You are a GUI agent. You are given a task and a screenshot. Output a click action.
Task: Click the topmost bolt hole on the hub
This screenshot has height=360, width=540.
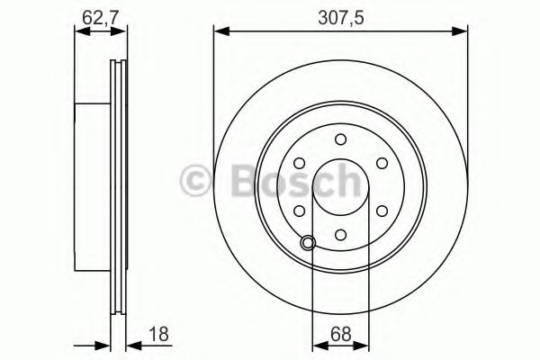click(340, 139)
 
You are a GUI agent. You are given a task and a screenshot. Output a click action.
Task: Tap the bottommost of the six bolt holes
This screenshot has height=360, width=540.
click(340, 233)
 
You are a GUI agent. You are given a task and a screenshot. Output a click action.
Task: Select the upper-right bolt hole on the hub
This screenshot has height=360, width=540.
click(382, 163)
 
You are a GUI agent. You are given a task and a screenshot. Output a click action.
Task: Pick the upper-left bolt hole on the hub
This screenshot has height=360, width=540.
click(299, 163)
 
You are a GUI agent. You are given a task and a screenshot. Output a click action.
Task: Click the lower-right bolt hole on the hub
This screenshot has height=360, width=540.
click(382, 210)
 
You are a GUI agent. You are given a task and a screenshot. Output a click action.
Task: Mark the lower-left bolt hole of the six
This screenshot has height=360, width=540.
click(299, 210)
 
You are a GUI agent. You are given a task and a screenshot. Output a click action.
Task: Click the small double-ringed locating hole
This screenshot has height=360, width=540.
click(310, 241)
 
